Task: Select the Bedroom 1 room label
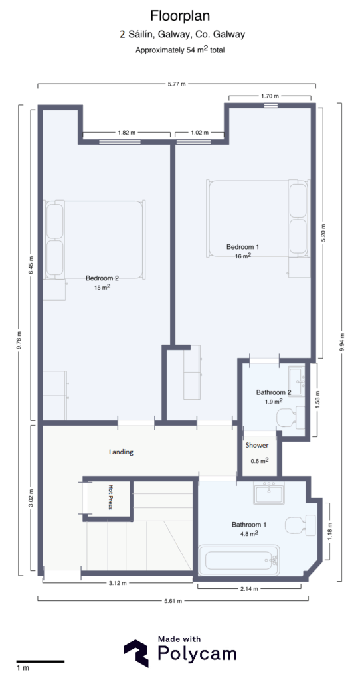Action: pyautogui.click(x=242, y=247)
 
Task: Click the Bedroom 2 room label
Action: pyautogui.click(x=102, y=278)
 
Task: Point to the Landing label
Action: pyautogui.click(x=121, y=452)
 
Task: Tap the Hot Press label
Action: pyautogui.click(x=111, y=497)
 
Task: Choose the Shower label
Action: pyautogui.click(x=257, y=445)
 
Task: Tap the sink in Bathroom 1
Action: pyautogui.click(x=270, y=494)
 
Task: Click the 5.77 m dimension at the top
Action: pyautogui.click(x=176, y=84)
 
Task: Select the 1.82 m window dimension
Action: pyautogui.click(x=127, y=133)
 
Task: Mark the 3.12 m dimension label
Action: pyautogui.click(x=118, y=583)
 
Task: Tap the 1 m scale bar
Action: pyautogui.click(x=40, y=661)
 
